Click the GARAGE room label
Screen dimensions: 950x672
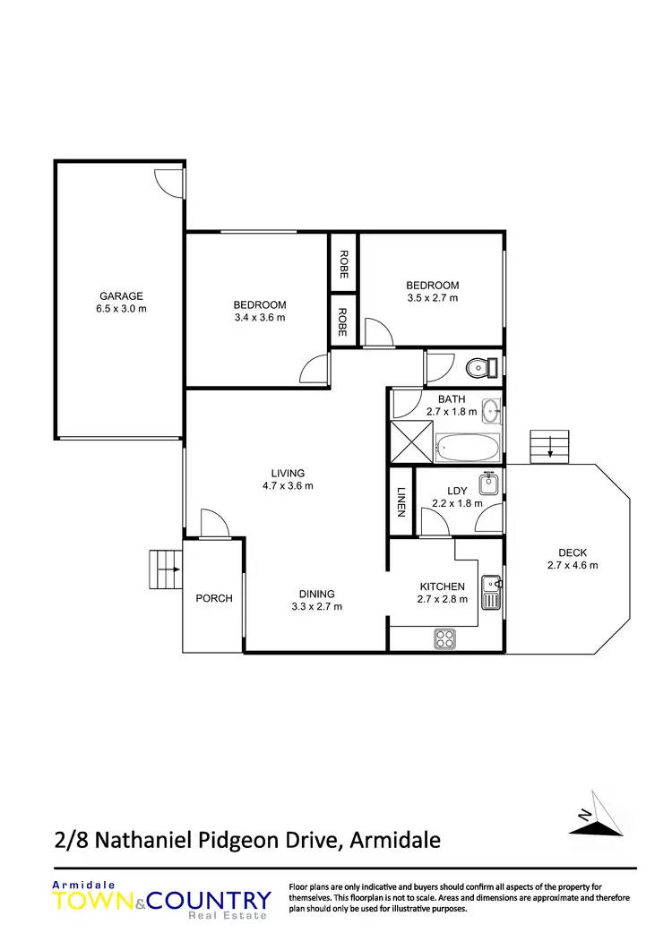[121, 296]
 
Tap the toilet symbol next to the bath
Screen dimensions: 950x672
[484, 366]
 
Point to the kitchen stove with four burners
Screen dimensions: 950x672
[445, 638]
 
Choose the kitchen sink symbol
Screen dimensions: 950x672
[491, 592]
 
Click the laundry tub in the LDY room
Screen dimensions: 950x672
[488, 484]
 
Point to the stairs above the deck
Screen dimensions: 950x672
[549, 445]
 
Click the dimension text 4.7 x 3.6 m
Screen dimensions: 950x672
[289, 486]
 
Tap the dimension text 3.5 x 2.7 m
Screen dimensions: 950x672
[433, 298]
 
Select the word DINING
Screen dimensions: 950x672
[317, 594]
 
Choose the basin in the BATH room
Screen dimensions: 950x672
[491, 411]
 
